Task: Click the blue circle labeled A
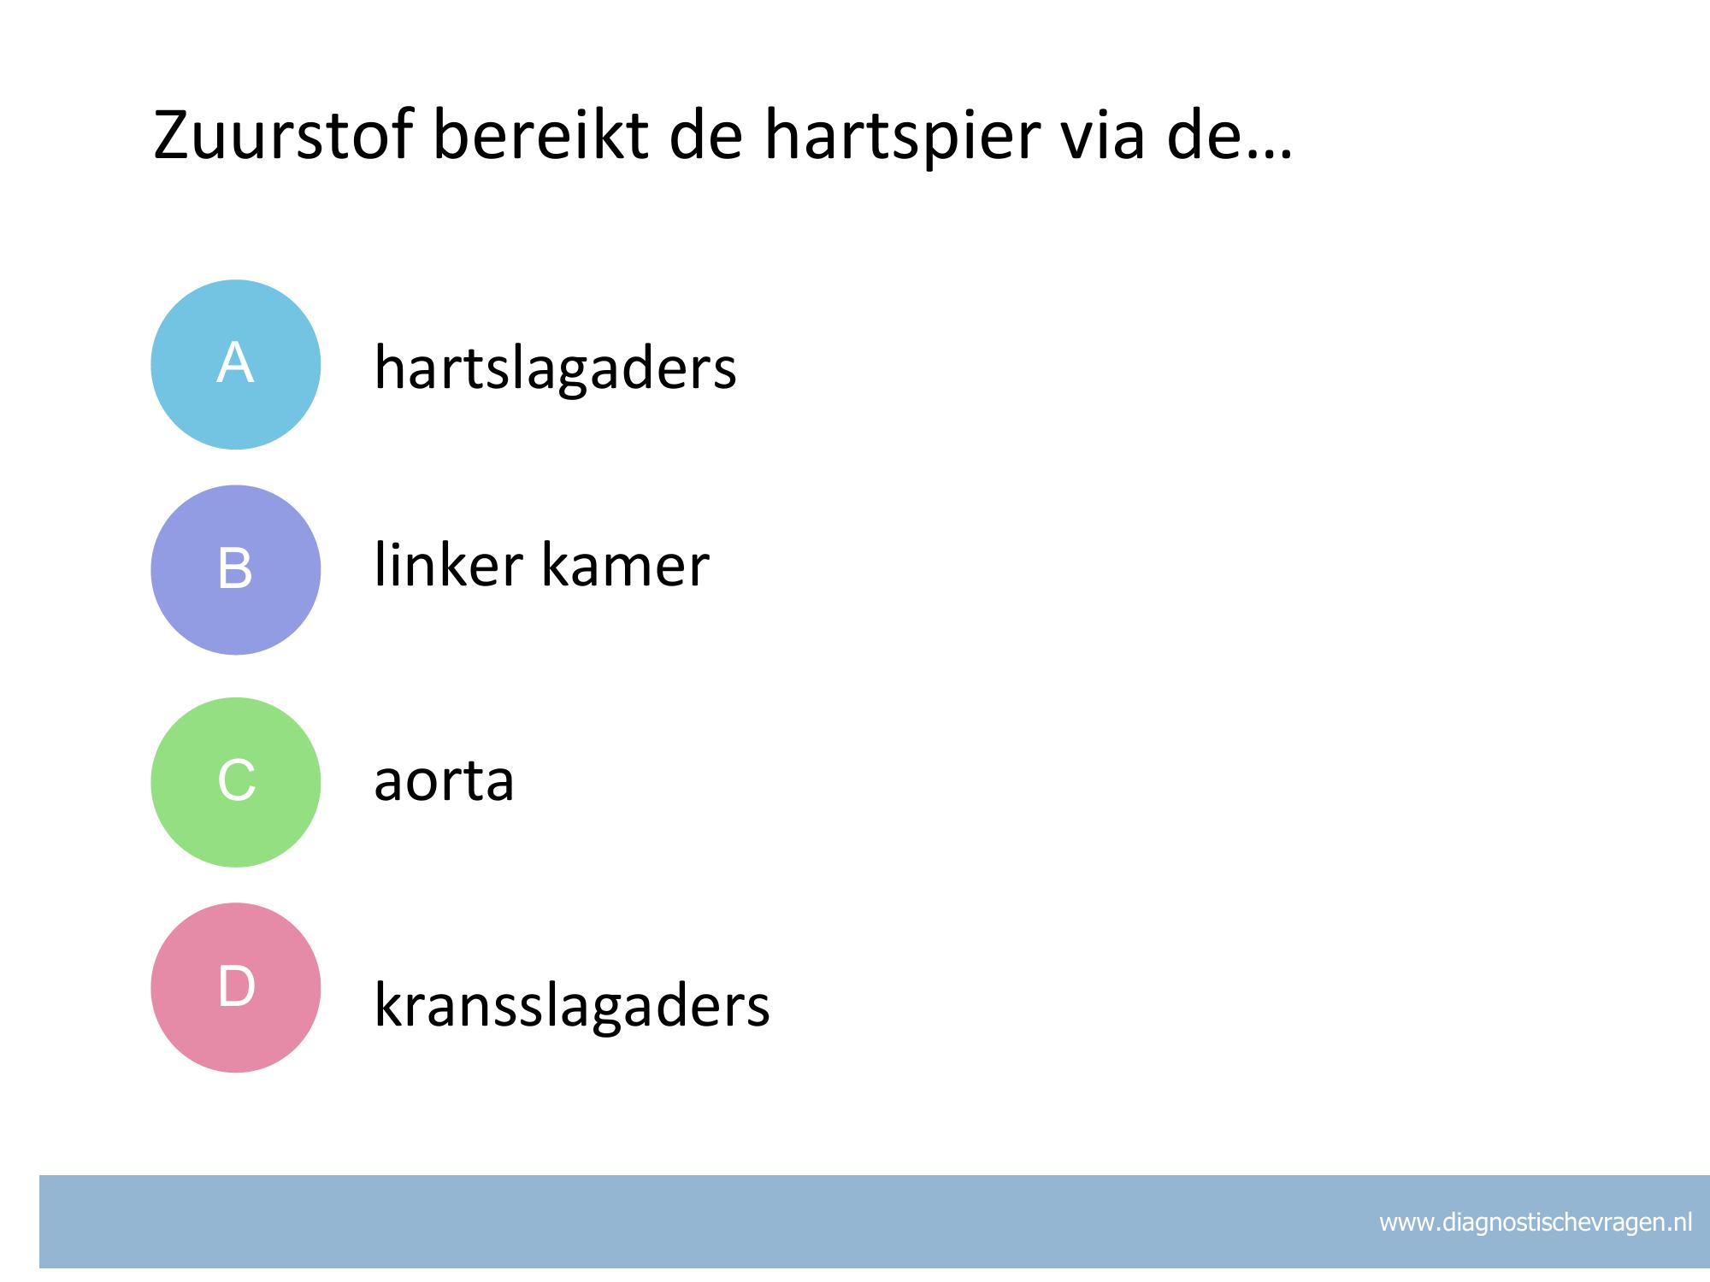click(236, 365)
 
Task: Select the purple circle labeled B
click(236, 570)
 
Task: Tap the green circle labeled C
click(236, 783)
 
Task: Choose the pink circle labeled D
click(236, 988)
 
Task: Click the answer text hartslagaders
click(556, 368)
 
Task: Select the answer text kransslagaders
click(572, 1005)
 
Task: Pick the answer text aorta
click(445, 781)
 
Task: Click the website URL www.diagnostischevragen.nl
click(1536, 1223)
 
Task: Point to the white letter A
click(235, 362)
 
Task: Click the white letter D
click(237, 986)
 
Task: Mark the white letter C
click(237, 780)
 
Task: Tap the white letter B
click(236, 567)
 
